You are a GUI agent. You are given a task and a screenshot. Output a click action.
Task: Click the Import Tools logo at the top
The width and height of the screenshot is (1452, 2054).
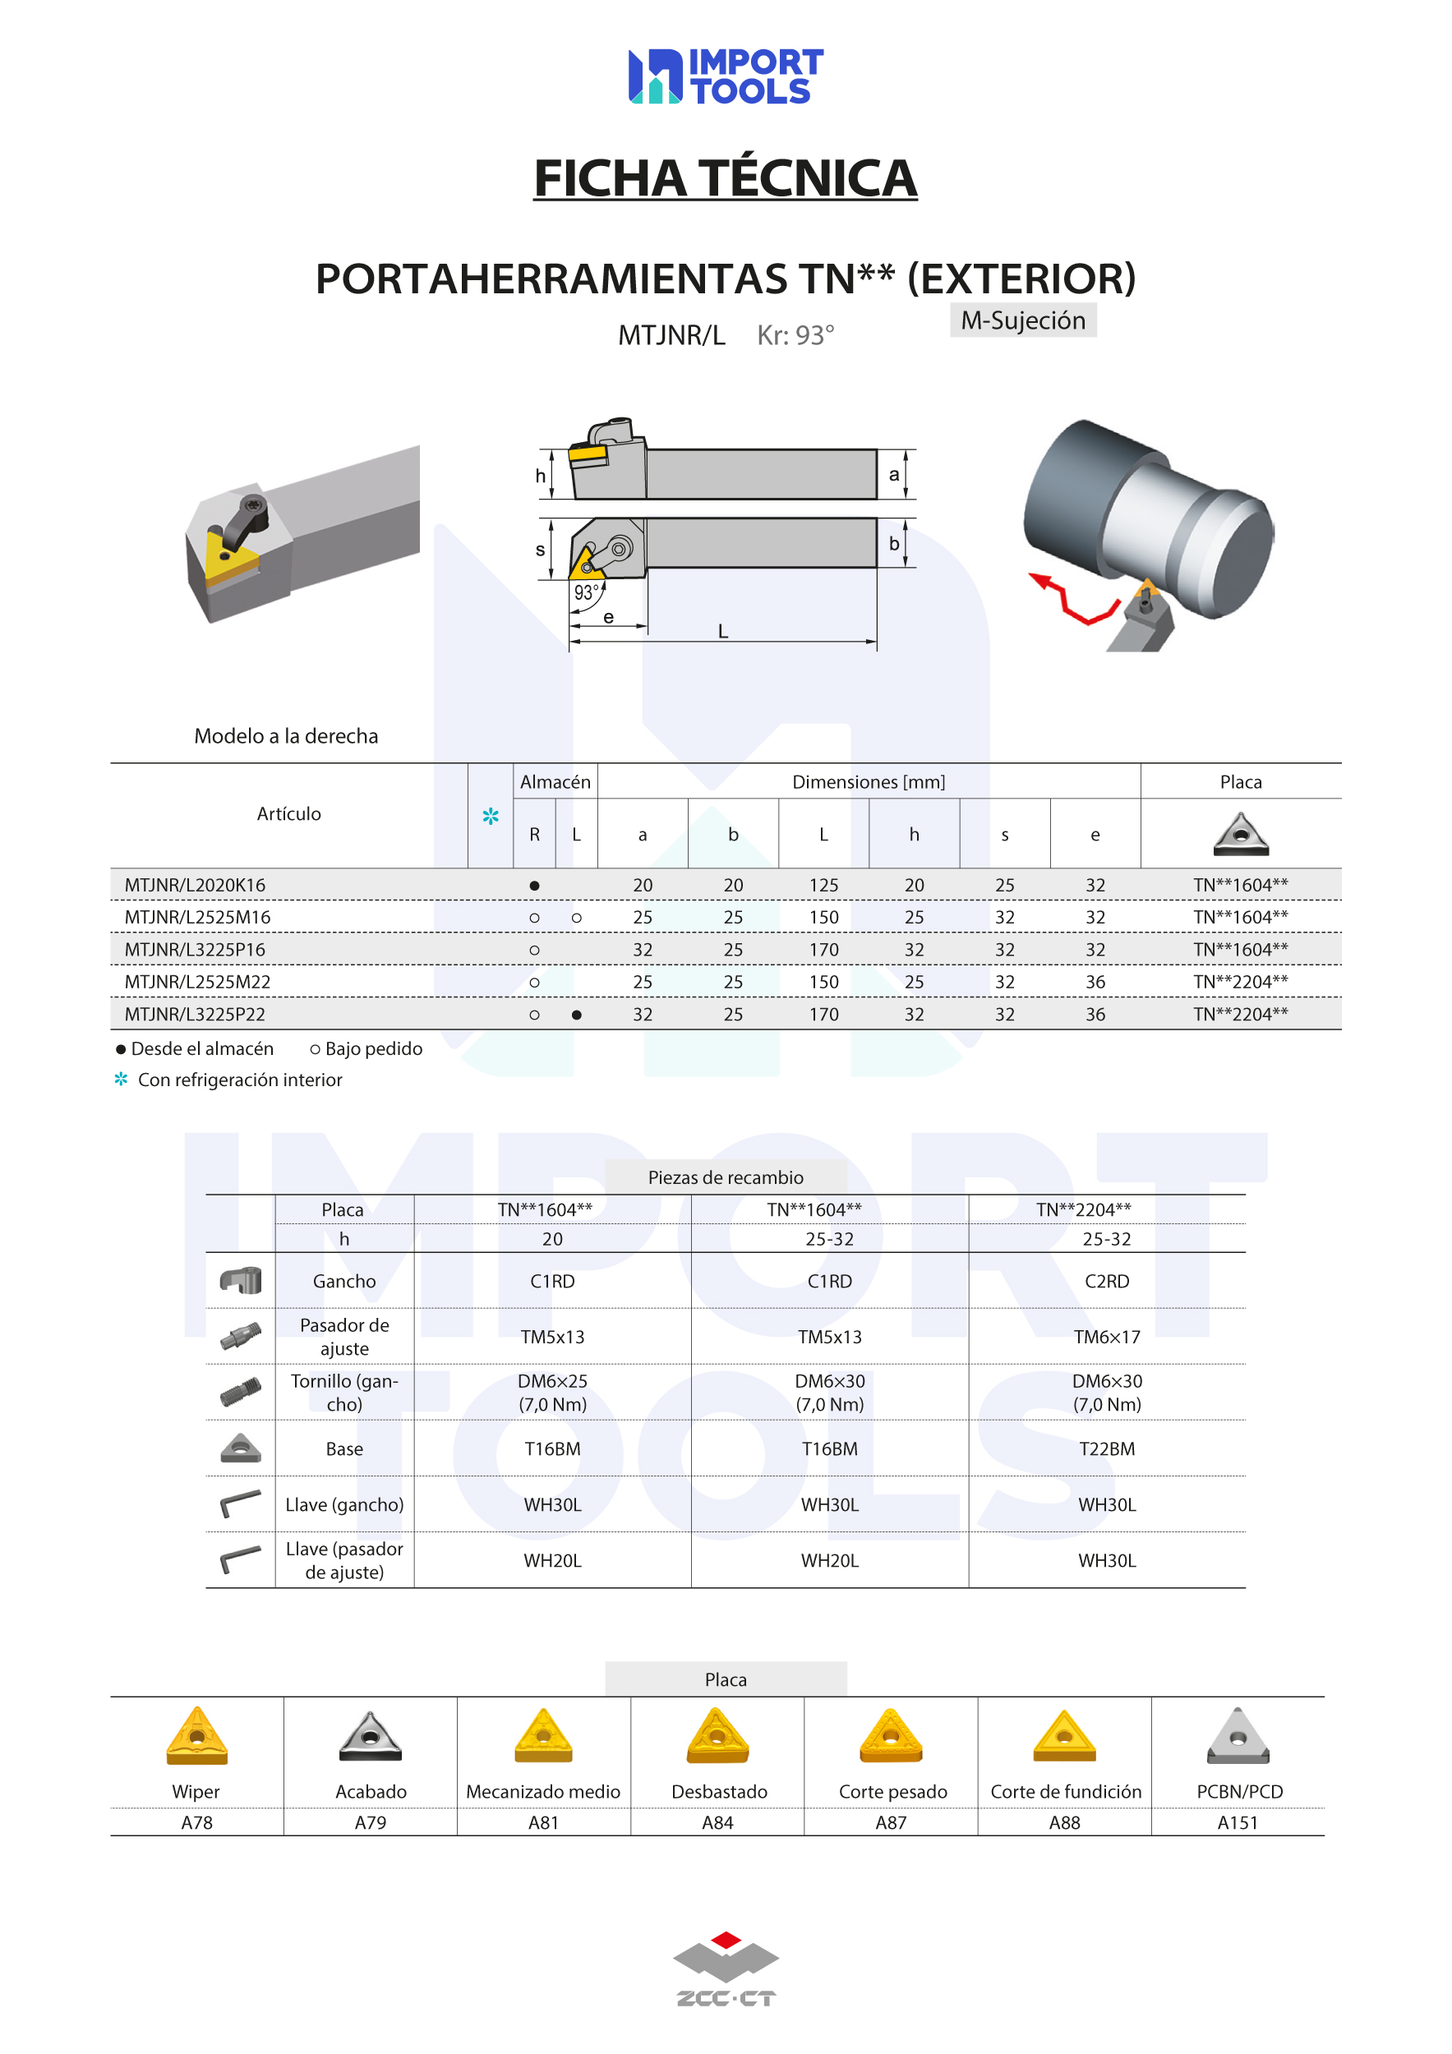pyautogui.click(x=726, y=76)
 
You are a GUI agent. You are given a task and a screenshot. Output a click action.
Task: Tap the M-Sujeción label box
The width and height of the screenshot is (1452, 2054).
pyautogui.click(x=1024, y=320)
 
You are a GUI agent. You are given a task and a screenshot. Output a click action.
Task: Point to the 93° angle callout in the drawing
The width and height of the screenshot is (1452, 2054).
pyautogui.click(x=586, y=592)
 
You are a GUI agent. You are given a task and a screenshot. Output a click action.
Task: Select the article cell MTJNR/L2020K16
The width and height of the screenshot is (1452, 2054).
pyautogui.click(x=195, y=885)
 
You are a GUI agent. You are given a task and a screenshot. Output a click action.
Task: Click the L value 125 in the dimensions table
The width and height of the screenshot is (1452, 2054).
pyautogui.click(x=824, y=885)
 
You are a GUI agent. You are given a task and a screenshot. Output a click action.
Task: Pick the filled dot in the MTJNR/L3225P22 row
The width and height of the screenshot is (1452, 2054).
pyautogui.click(x=577, y=1015)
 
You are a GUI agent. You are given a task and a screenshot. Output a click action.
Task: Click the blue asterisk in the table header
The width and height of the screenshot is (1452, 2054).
pyautogui.click(x=491, y=816)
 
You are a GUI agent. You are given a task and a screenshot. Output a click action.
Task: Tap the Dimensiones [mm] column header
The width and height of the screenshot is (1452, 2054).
pyautogui.click(x=869, y=782)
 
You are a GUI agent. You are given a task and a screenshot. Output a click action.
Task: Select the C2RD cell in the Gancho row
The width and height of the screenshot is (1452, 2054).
pyautogui.click(x=1107, y=1281)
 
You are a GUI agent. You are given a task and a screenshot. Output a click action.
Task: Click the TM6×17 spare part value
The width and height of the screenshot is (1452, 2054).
pyautogui.click(x=1107, y=1337)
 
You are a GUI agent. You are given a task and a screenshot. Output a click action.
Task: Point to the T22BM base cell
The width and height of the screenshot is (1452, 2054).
pyautogui.click(x=1107, y=1448)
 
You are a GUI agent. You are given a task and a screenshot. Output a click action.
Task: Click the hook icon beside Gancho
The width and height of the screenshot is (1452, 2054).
pyautogui.click(x=241, y=1280)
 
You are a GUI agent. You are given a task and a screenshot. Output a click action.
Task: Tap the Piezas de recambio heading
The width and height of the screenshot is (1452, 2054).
pyautogui.click(x=726, y=1177)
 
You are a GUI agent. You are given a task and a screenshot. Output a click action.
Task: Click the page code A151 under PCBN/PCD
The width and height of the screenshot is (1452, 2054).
pyautogui.click(x=1238, y=1822)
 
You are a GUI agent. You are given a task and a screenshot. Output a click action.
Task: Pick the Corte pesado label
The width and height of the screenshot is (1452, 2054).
pyautogui.click(x=893, y=1792)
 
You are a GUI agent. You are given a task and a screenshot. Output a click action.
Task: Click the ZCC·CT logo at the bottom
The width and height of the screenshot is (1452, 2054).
pyautogui.click(x=726, y=1968)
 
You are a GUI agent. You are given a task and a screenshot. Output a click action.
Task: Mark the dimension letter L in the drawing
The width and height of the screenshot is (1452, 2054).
pyautogui.click(x=723, y=631)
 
